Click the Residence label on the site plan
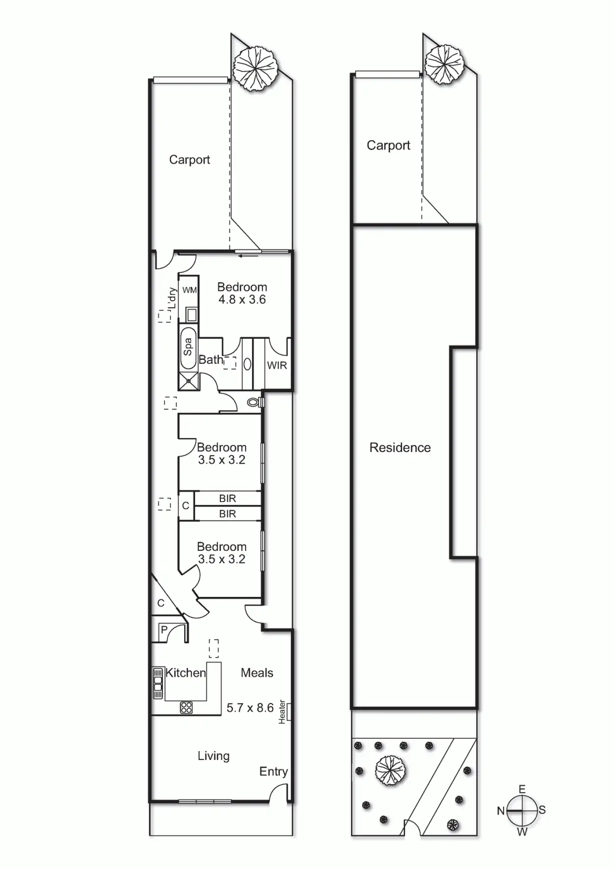click(400, 448)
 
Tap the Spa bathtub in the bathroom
click(188, 347)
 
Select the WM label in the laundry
click(189, 290)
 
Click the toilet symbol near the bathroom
click(253, 402)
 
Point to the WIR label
click(277, 365)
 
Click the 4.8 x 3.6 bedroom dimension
click(242, 299)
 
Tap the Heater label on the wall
click(282, 711)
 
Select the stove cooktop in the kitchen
click(186, 708)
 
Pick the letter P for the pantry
click(164, 630)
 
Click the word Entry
click(273, 771)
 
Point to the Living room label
click(213, 756)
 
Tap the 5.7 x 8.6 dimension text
click(250, 708)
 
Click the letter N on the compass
click(501, 810)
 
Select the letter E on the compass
click(522, 789)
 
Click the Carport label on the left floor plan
click(189, 159)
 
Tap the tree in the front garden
click(390, 771)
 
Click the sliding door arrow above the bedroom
click(249, 255)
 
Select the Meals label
click(257, 673)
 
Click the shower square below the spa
click(189, 381)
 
